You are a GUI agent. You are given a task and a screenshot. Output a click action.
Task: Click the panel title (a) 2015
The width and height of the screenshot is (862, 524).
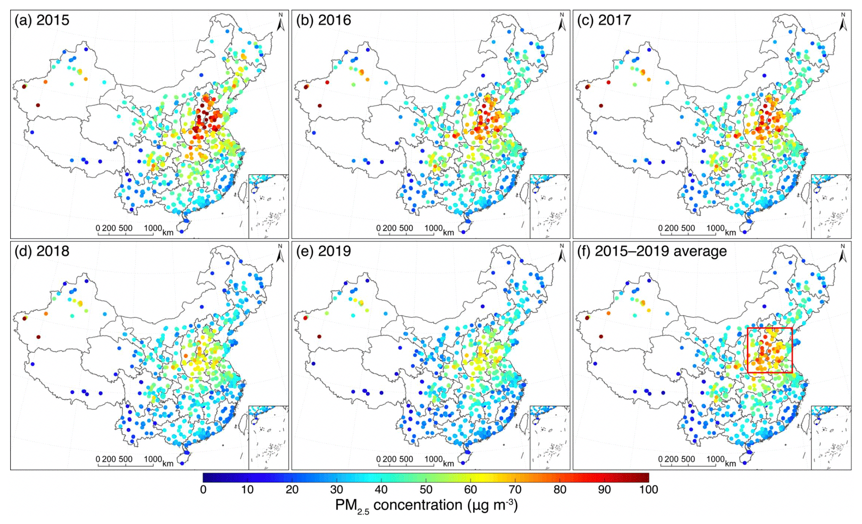(x=42, y=20)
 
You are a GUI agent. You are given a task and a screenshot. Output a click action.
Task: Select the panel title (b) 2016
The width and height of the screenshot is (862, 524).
(x=323, y=20)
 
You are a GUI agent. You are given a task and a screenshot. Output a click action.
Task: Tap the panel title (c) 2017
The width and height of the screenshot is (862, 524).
(x=604, y=20)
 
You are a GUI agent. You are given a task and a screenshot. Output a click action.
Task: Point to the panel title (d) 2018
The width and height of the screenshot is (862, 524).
(x=42, y=251)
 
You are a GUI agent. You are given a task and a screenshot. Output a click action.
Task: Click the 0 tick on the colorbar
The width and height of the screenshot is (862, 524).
(x=203, y=489)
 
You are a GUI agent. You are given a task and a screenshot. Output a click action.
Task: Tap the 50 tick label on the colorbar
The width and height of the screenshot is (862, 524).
(x=426, y=489)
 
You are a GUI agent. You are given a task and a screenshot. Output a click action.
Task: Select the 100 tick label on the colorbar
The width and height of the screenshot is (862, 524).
(x=648, y=489)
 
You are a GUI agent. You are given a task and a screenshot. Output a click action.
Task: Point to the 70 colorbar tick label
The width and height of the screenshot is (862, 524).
(x=515, y=489)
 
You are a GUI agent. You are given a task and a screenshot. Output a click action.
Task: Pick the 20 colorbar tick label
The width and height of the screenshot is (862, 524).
(x=292, y=489)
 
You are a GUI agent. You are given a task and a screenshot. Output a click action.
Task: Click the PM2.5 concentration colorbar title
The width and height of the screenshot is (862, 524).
(x=426, y=505)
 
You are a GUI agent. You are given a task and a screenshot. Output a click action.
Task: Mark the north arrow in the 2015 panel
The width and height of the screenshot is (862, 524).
(x=280, y=23)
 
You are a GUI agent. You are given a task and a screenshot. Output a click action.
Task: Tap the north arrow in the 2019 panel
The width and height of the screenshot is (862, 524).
(x=561, y=254)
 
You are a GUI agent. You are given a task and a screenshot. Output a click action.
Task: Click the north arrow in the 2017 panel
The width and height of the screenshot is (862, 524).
(x=843, y=23)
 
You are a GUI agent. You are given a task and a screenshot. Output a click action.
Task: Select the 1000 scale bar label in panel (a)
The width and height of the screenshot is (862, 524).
(x=153, y=228)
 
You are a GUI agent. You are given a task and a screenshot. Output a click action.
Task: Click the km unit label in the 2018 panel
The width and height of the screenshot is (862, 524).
(x=168, y=463)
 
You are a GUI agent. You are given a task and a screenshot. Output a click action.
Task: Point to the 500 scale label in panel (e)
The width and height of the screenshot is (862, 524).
(x=406, y=459)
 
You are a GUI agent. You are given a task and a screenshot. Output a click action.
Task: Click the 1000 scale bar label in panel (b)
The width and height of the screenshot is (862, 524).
(x=434, y=228)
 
